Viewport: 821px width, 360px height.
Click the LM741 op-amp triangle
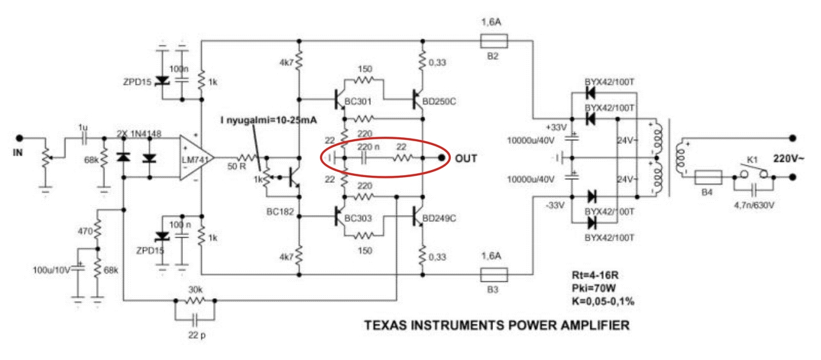(x=196, y=158)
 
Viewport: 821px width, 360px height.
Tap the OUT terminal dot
(x=442, y=158)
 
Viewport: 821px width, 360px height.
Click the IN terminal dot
(x=19, y=138)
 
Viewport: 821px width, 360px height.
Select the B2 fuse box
(x=494, y=40)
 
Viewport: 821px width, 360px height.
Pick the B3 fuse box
(x=494, y=275)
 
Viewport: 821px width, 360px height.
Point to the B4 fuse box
(x=709, y=178)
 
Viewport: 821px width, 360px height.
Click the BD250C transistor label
(x=439, y=101)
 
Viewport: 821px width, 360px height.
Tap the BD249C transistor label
(x=439, y=218)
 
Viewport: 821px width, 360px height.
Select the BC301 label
(x=358, y=101)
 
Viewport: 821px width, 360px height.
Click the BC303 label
(x=358, y=218)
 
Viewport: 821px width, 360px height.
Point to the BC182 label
(x=280, y=212)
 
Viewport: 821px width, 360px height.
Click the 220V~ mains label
(x=789, y=159)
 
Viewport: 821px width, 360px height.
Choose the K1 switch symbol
(x=754, y=173)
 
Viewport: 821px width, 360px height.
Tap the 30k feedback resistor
(x=195, y=300)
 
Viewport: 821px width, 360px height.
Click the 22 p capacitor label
(x=197, y=336)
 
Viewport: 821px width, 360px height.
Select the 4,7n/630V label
(x=754, y=205)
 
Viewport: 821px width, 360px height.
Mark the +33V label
(x=556, y=128)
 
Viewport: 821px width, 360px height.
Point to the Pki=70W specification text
(x=593, y=288)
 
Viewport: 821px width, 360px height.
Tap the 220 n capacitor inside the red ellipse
(x=364, y=158)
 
